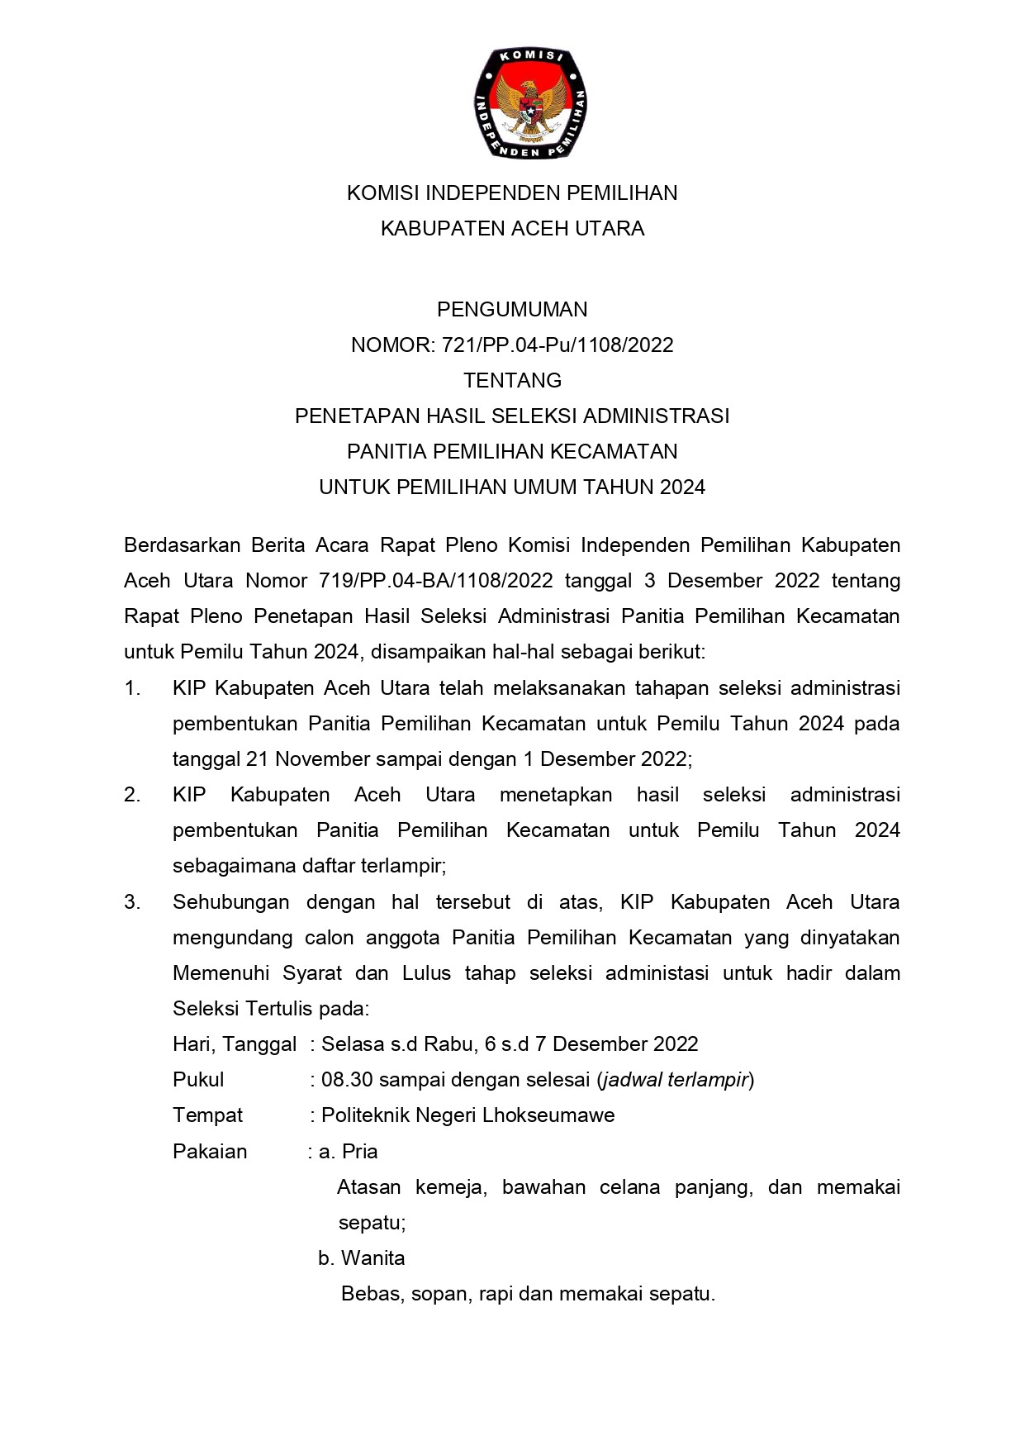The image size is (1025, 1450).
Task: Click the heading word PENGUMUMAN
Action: point(512,309)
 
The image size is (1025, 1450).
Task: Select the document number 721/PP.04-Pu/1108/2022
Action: point(558,345)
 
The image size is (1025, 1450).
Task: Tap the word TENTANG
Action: point(512,380)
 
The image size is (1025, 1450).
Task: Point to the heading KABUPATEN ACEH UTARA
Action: point(512,228)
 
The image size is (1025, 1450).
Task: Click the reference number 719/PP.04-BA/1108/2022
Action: point(435,581)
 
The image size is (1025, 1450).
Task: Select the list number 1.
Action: point(132,687)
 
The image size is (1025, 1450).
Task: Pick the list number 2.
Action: point(132,795)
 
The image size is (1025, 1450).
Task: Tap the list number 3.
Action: point(132,901)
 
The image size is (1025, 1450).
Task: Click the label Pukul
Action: point(198,1080)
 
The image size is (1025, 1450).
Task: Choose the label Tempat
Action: point(207,1115)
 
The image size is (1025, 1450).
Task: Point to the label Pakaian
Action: point(210,1151)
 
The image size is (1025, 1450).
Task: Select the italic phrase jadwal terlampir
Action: point(675,1080)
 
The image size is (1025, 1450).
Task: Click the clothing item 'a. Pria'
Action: point(348,1151)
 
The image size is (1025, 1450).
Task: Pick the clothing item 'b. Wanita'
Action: point(361,1258)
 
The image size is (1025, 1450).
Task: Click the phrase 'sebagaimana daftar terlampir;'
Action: point(309,866)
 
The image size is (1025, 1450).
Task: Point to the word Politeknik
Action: point(364,1115)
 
